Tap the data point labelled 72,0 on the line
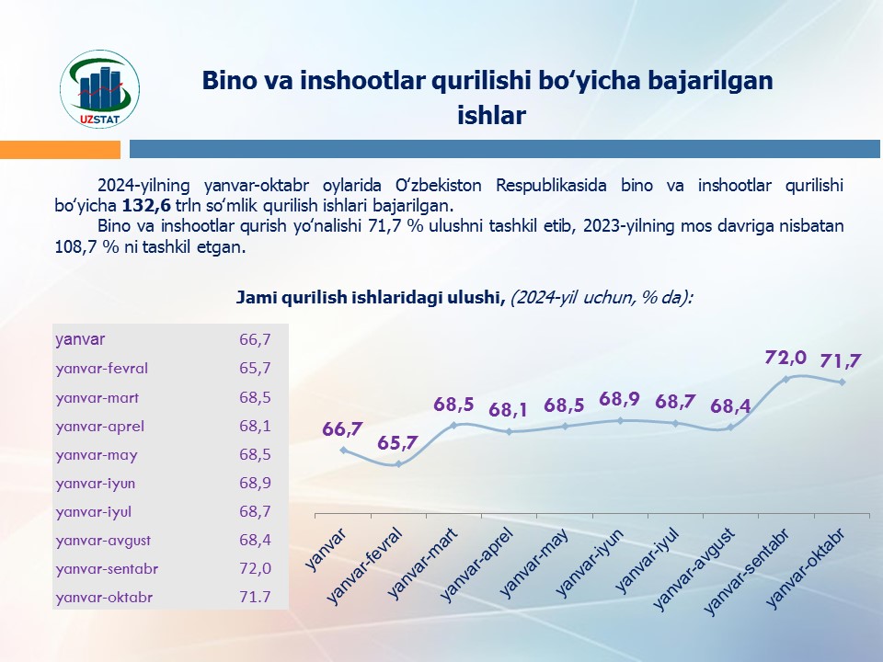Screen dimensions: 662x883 (786, 378)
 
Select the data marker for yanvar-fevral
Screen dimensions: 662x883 (398, 464)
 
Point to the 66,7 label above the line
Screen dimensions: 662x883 (342, 428)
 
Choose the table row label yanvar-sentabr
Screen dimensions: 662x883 (107, 569)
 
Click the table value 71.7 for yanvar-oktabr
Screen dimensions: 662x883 (255, 598)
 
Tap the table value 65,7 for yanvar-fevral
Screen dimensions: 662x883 (255, 369)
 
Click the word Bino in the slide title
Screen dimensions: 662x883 (225, 81)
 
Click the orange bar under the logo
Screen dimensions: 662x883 (60, 149)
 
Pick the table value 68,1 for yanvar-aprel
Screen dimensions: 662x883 (255, 427)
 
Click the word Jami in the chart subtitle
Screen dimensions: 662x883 (256, 297)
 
